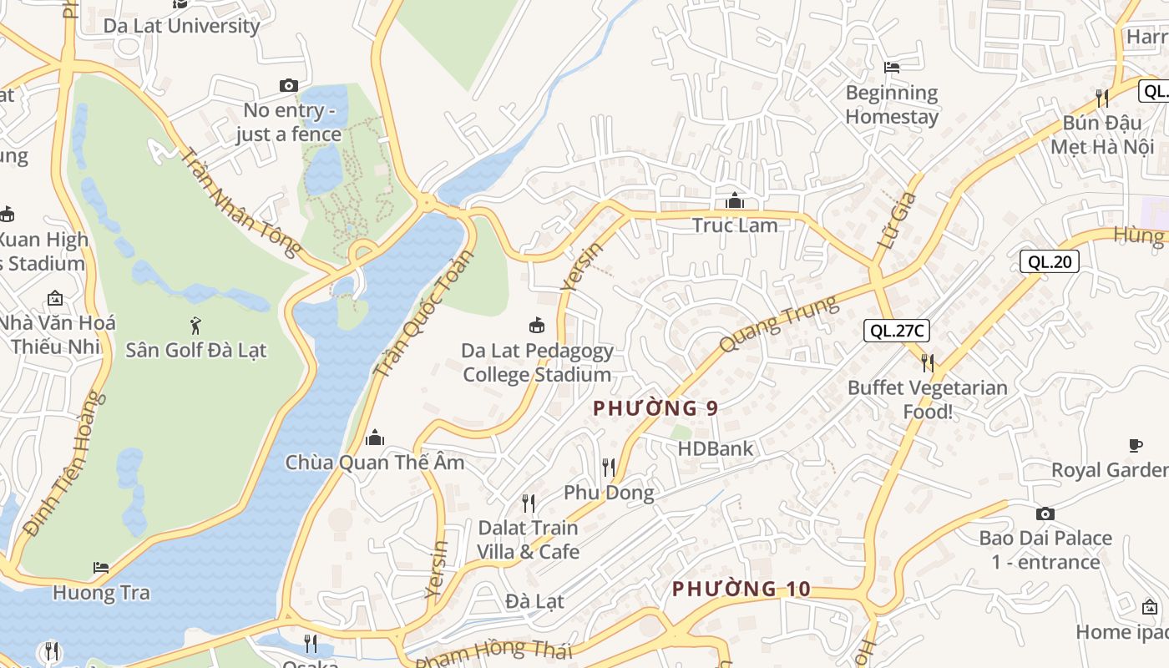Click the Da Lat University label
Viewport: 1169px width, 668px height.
tap(181, 26)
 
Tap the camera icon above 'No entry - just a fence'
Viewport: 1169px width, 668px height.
tap(289, 85)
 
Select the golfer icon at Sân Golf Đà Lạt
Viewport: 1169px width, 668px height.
tap(195, 325)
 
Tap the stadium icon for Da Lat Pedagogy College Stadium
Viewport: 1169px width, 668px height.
tap(537, 325)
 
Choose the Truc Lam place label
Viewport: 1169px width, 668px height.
tap(735, 225)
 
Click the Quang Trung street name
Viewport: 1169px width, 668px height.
tap(778, 324)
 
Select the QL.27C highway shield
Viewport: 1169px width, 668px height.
tap(896, 331)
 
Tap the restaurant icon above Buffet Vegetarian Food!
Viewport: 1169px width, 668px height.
tap(927, 362)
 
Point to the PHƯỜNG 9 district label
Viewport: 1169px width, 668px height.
tap(655, 408)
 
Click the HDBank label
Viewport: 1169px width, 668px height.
tap(715, 448)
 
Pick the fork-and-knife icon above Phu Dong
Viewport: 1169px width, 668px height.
tap(609, 468)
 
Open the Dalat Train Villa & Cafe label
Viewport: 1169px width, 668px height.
tap(528, 539)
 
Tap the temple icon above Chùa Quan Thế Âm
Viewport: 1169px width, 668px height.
tap(375, 437)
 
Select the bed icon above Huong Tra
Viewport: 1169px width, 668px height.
tap(101, 568)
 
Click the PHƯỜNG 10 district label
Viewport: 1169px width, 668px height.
tap(741, 589)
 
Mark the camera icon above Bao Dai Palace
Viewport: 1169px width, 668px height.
tap(1045, 514)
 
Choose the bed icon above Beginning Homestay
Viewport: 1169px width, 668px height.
tap(892, 67)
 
